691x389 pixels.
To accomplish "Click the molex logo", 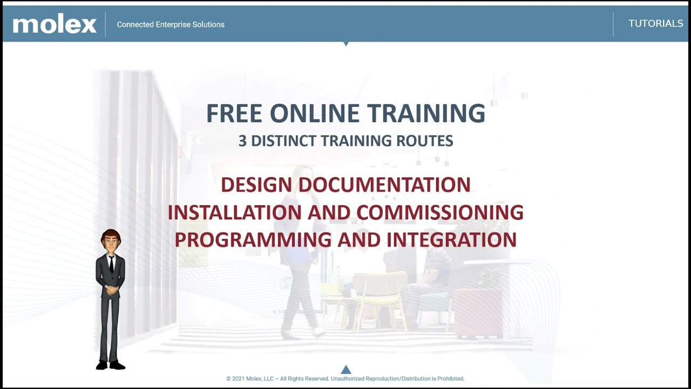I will (55, 24).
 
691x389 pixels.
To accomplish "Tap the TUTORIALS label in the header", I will (655, 24).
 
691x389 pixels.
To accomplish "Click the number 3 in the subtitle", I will (242, 141).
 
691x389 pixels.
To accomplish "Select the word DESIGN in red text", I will (256, 185).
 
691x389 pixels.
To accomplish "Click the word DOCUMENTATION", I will (384, 185).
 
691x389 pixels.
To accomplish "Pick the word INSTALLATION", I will (234, 212).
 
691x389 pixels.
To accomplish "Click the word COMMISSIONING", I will (439, 212).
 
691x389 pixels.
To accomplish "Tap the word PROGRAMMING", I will (253, 240).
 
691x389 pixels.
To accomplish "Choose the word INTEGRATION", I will (451, 240).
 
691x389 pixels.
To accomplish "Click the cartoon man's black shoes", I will (110, 365).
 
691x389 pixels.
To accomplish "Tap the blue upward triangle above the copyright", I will (346, 370).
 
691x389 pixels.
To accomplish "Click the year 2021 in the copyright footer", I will (238, 379).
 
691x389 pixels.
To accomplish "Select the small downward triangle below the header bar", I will (346, 44).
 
